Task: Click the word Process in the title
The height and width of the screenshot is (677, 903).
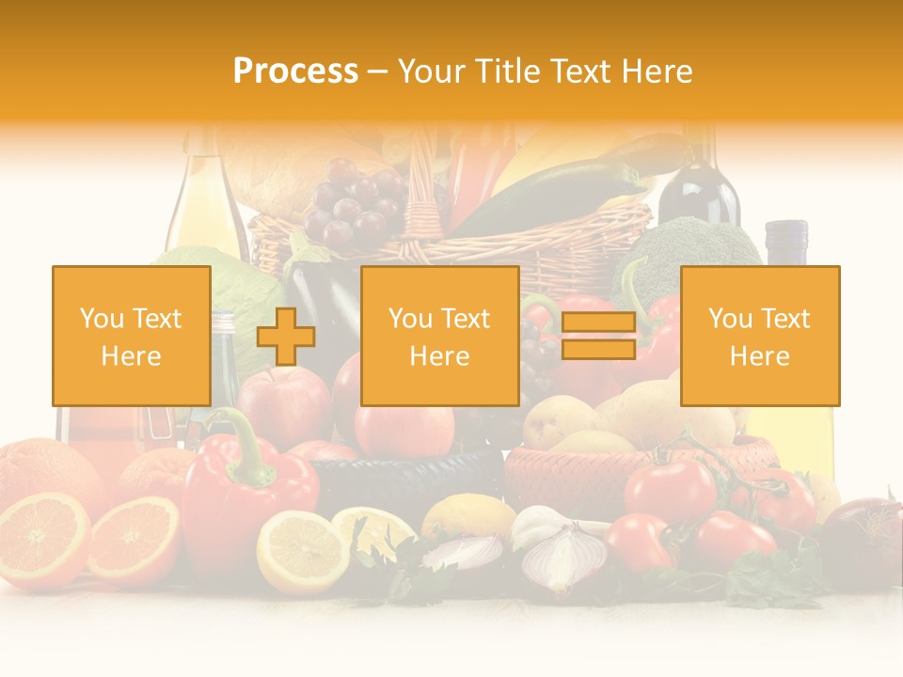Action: [x=295, y=71]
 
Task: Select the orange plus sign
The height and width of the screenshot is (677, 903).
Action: [x=286, y=336]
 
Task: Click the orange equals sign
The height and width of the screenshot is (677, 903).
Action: [x=598, y=336]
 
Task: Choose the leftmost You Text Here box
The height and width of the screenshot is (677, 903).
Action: [x=132, y=336]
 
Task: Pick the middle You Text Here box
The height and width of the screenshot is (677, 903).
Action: [x=440, y=336]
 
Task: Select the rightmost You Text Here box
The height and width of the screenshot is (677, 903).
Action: [x=760, y=336]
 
